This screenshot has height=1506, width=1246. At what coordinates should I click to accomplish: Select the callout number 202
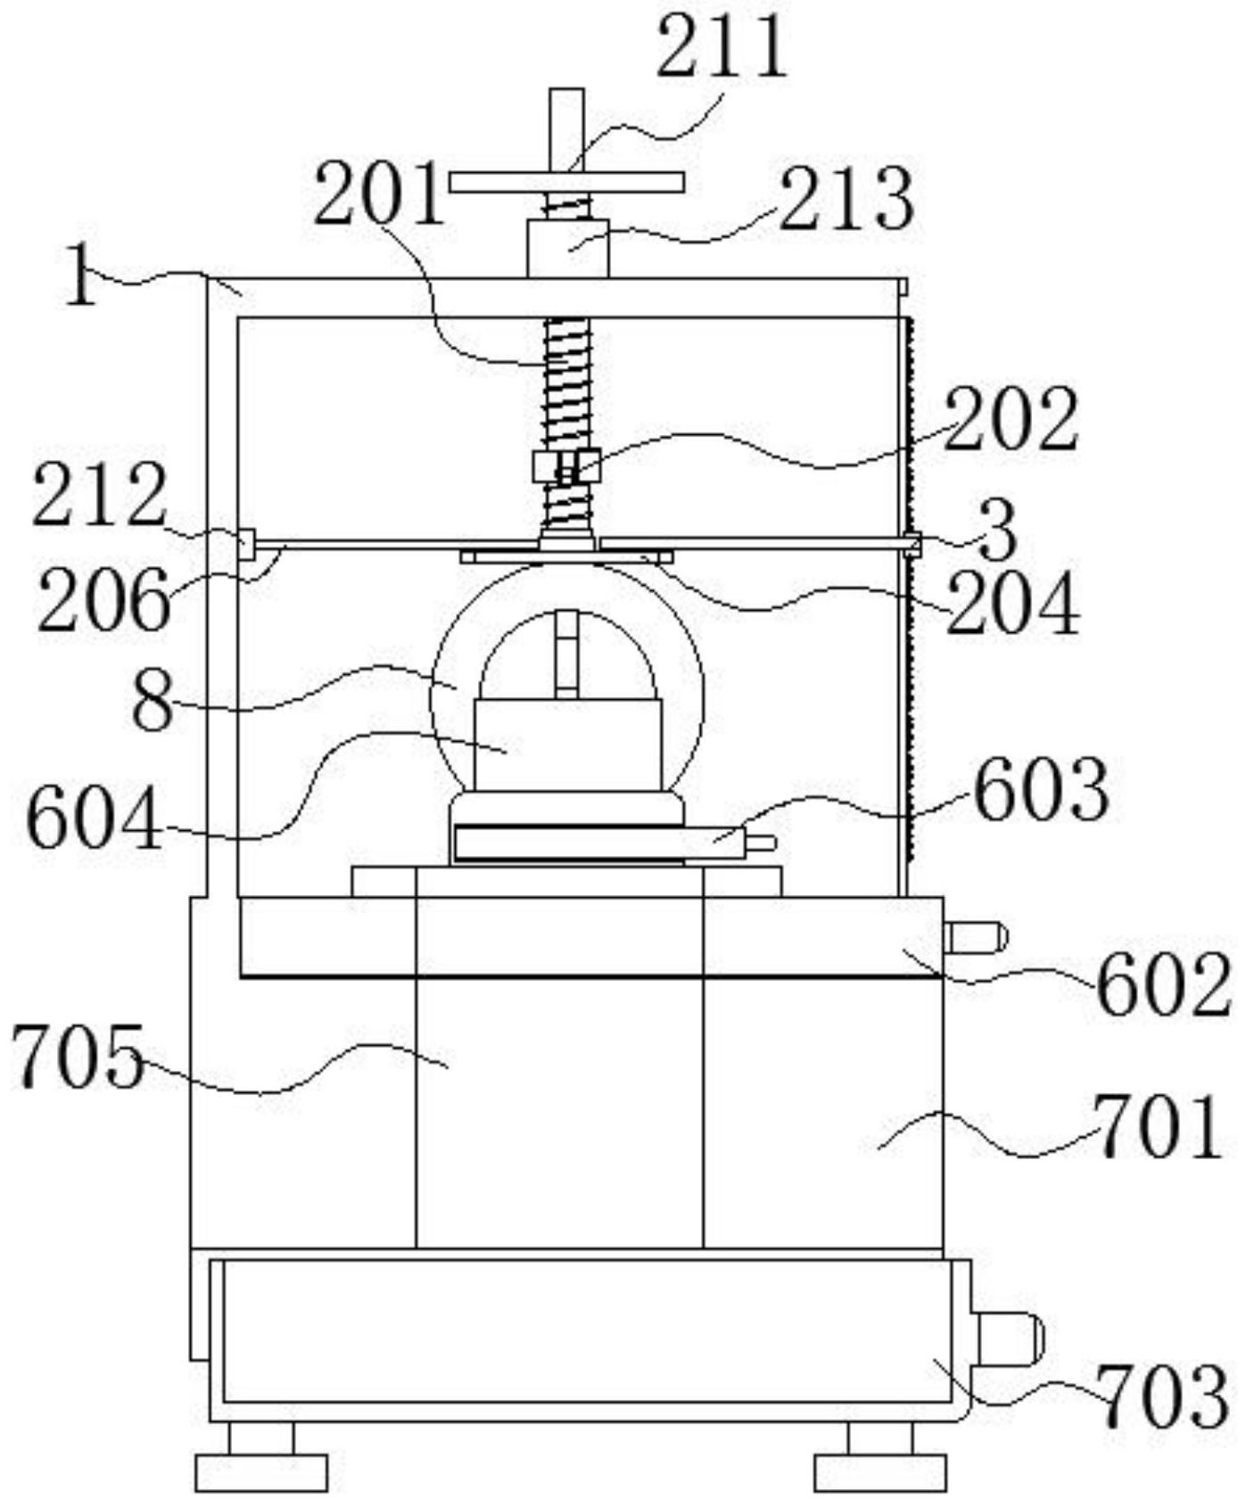[1011, 420]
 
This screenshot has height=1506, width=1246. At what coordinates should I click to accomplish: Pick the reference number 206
[103, 600]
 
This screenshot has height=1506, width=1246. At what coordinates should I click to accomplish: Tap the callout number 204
[1013, 605]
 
